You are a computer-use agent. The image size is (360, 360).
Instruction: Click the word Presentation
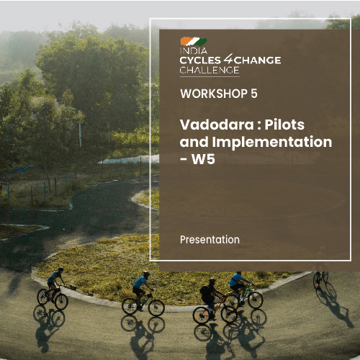coord(210,238)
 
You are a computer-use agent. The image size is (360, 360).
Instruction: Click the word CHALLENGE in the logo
coord(209,69)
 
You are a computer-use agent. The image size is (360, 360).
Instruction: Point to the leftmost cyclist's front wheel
coord(61,300)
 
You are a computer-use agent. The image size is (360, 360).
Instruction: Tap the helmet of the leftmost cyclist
coord(60,270)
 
